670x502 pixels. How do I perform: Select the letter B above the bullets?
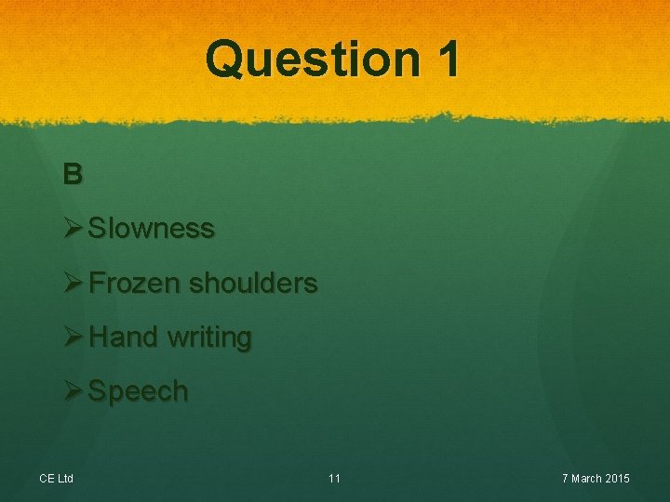pos(73,173)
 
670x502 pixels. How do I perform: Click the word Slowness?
pos(151,228)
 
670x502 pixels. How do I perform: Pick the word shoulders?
pos(252,283)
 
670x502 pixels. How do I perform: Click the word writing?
pos(209,337)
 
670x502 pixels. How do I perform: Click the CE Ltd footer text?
pos(57,479)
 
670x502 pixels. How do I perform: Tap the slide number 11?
pos(334,479)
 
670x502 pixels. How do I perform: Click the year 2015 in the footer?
pos(617,479)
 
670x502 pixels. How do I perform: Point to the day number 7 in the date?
pos(565,479)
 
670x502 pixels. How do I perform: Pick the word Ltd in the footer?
pos(65,479)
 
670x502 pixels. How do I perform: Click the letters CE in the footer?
pos(47,479)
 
